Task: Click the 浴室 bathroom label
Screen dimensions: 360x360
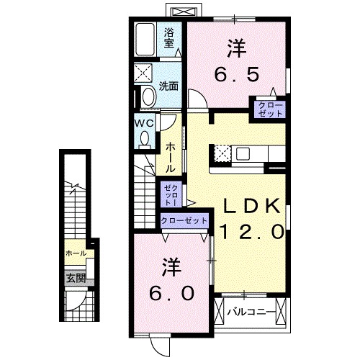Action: tap(169, 37)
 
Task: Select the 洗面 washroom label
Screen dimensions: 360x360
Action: tap(169, 85)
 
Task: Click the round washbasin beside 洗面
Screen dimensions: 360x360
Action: tap(149, 96)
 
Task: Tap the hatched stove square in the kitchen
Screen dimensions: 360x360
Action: tap(222, 153)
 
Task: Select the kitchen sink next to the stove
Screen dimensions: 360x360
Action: tap(241, 153)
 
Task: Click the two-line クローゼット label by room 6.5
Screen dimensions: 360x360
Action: tap(267, 109)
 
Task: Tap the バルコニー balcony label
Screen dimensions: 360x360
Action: tap(248, 313)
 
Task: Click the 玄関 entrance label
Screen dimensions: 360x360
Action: tap(76, 277)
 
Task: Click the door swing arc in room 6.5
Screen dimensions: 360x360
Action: tap(196, 99)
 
